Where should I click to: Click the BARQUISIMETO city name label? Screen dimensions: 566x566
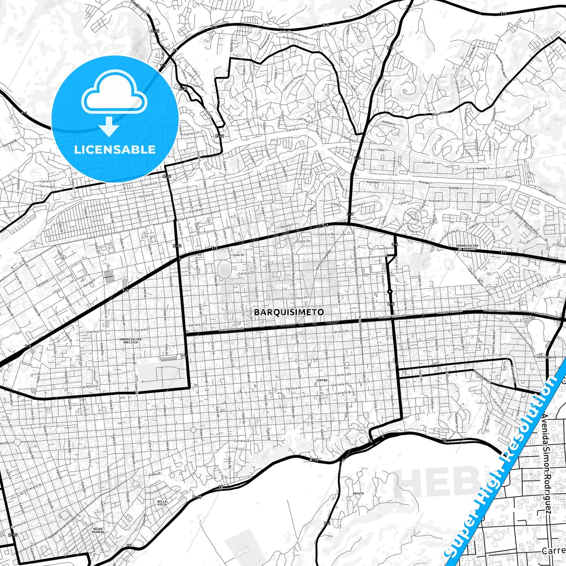tap(289, 312)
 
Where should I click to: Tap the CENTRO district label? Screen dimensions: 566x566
tap(321, 380)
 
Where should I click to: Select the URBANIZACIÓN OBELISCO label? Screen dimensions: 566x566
tap(131, 340)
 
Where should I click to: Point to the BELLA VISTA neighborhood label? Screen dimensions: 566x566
tap(162, 503)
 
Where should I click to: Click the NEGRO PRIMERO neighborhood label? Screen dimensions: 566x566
tap(98, 531)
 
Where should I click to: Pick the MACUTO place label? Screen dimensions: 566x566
tap(358, 494)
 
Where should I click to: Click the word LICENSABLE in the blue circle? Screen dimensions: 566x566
tap(115, 149)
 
